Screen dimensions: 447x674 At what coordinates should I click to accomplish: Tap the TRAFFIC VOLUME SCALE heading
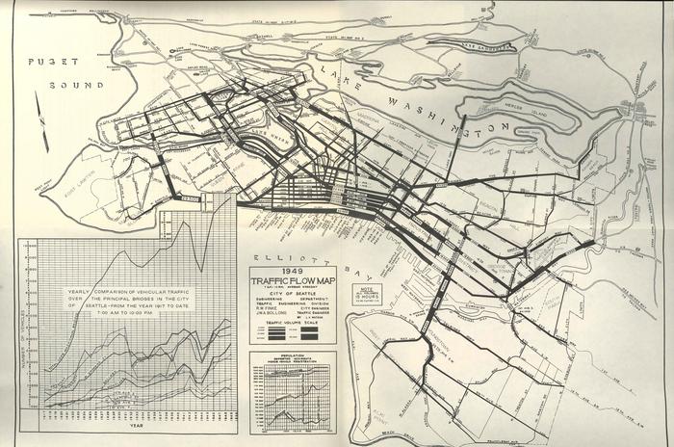[x=286, y=322]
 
